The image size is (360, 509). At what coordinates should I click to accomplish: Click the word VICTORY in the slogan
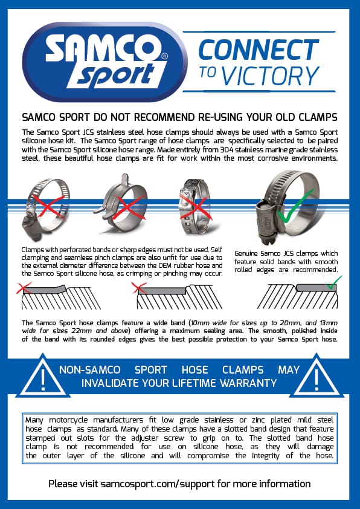pos(271,76)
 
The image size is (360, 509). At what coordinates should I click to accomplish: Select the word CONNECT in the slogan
pos(259,50)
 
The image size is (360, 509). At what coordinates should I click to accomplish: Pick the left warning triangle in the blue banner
pos(43,377)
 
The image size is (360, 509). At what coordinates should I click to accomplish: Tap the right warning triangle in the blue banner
pos(317,377)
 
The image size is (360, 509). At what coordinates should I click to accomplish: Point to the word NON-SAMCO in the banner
pos(90,370)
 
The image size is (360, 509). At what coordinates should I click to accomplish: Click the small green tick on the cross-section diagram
pos(335,282)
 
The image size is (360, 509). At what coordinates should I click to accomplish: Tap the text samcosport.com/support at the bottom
pos(157,484)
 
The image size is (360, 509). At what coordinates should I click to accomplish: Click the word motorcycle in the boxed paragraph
pos(69,420)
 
